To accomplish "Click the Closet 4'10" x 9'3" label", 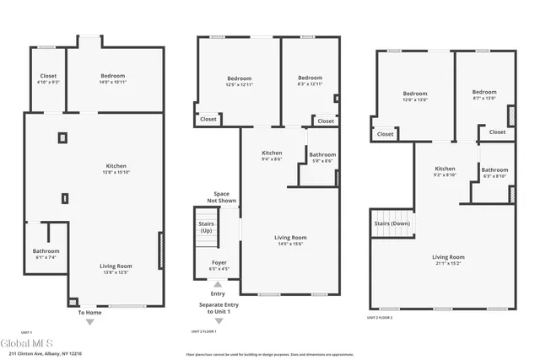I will click(48, 78).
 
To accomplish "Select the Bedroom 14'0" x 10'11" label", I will click(112, 78).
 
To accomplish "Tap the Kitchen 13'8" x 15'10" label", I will click(116, 169).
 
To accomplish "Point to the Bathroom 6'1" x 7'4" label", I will click(46, 253).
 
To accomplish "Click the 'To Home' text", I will click(89, 313).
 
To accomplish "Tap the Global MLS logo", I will click(27, 343).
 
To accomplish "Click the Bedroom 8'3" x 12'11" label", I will click(310, 81).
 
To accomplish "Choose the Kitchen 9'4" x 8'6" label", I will click(272, 155).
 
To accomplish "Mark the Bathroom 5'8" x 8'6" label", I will click(321, 158).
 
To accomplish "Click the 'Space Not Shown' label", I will click(221, 197).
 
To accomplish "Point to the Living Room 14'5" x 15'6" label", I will click(291, 240).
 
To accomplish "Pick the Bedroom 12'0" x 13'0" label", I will click(415, 96).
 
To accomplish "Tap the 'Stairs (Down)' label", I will click(391, 223).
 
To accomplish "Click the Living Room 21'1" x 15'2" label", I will click(449, 260).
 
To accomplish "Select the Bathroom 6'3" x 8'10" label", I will click(494, 173).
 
